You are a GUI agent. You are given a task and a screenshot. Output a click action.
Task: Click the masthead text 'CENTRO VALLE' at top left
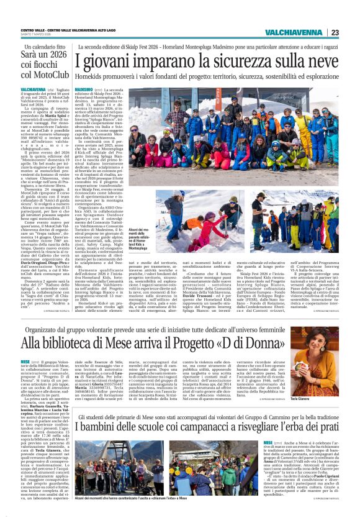pyautogui.click(x=32, y=30)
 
